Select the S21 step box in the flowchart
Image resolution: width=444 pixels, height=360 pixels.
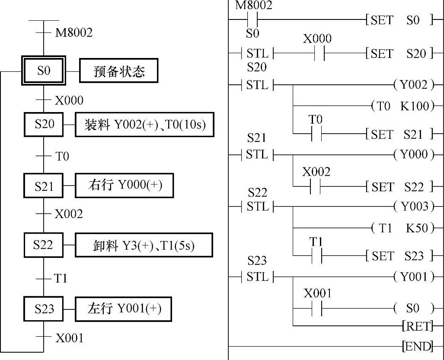pos(44,186)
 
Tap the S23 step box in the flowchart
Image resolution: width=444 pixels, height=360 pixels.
pos(44,309)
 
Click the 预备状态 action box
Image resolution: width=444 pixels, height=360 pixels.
pos(118,71)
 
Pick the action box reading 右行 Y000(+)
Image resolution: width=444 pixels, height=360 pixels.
pos(125,186)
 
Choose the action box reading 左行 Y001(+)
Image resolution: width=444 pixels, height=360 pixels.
pos(124,309)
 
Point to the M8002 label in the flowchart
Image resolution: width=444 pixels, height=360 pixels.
pos(73,33)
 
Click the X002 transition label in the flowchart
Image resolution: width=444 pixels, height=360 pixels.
pos(68,214)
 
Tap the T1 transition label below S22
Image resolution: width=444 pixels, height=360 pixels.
pos(61,278)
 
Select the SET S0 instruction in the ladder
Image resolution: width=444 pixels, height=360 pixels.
pos(399,20)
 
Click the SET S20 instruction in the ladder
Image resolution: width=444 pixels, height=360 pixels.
pos(399,54)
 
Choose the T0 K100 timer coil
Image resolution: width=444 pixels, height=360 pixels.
pos(402,106)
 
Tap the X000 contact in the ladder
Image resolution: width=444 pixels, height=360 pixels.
pos(317,54)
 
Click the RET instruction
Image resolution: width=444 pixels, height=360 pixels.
pos(417,326)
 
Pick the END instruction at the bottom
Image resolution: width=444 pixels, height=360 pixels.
pos(417,346)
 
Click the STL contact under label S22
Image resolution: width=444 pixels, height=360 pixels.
pos(257,206)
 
